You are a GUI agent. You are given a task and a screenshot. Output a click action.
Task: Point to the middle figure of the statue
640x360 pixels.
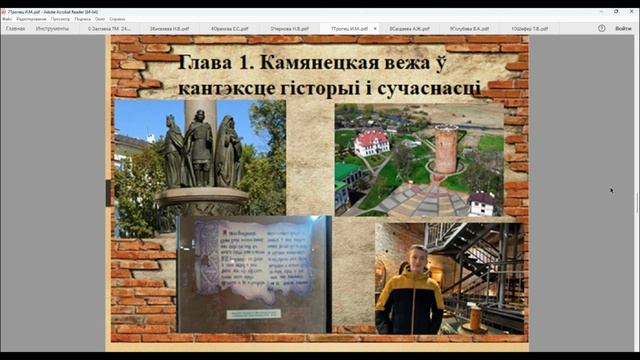[201, 147]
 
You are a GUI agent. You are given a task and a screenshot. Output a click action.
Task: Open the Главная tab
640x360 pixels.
[16, 29]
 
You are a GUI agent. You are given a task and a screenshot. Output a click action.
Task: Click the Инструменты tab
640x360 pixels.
[52, 29]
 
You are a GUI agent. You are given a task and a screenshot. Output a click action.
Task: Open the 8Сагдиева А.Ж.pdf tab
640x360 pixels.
[410, 29]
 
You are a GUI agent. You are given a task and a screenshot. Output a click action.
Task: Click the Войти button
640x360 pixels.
[624, 29]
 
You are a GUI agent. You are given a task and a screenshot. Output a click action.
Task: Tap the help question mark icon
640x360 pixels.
[602, 29]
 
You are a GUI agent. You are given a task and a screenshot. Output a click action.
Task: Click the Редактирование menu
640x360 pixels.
[30, 19]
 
